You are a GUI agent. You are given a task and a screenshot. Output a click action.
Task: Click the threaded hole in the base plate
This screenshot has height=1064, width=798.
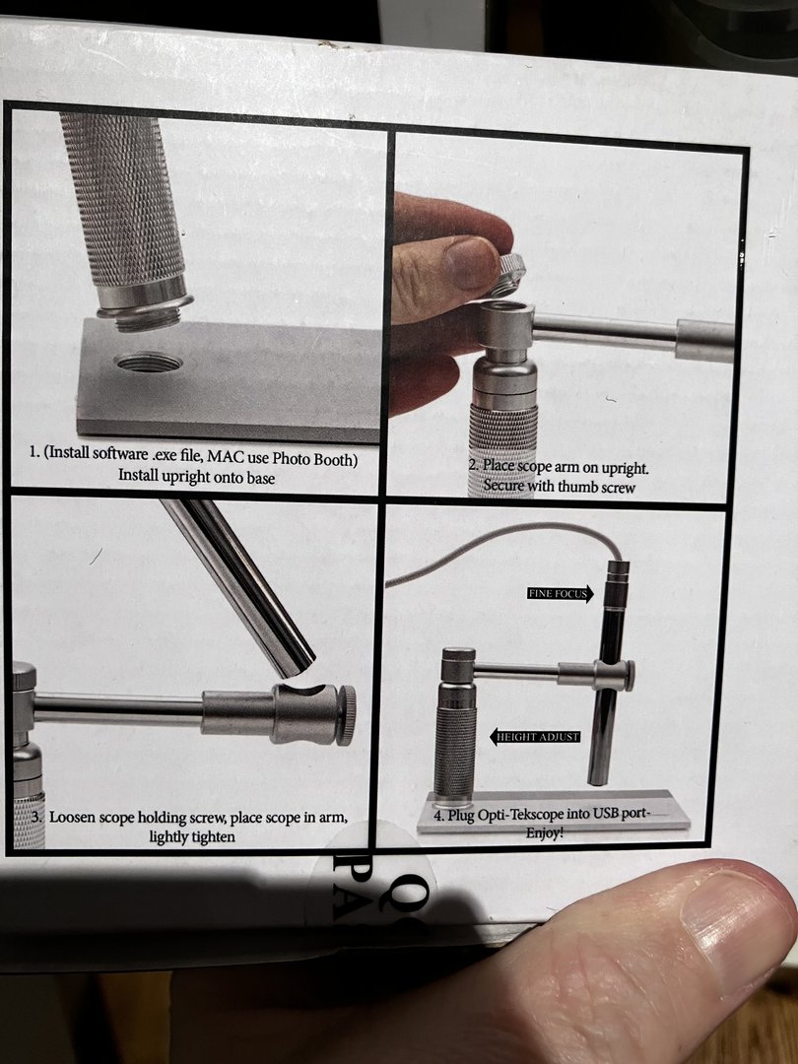pyautogui.click(x=149, y=363)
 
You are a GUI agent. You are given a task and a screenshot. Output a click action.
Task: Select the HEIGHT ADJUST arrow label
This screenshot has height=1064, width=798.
pyautogui.click(x=535, y=736)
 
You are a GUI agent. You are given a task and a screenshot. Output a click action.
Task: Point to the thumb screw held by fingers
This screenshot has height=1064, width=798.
pyautogui.click(x=509, y=274)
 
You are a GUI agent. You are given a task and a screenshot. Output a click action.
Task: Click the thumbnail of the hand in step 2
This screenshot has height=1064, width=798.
pyautogui.click(x=471, y=263)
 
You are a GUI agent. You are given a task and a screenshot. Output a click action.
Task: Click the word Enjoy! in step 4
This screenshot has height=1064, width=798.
pyautogui.click(x=544, y=832)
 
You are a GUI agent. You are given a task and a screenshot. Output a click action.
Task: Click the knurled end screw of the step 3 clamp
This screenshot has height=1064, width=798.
pyautogui.click(x=347, y=715)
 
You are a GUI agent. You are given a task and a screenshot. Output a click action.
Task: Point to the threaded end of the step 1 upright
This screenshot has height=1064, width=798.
pyautogui.click(x=145, y=316)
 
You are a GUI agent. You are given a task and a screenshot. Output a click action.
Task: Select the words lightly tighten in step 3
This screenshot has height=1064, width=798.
pyautogui.click(x=192, y=836)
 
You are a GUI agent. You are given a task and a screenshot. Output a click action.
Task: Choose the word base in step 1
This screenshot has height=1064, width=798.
pyautogui.click(x=260, y=478)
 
